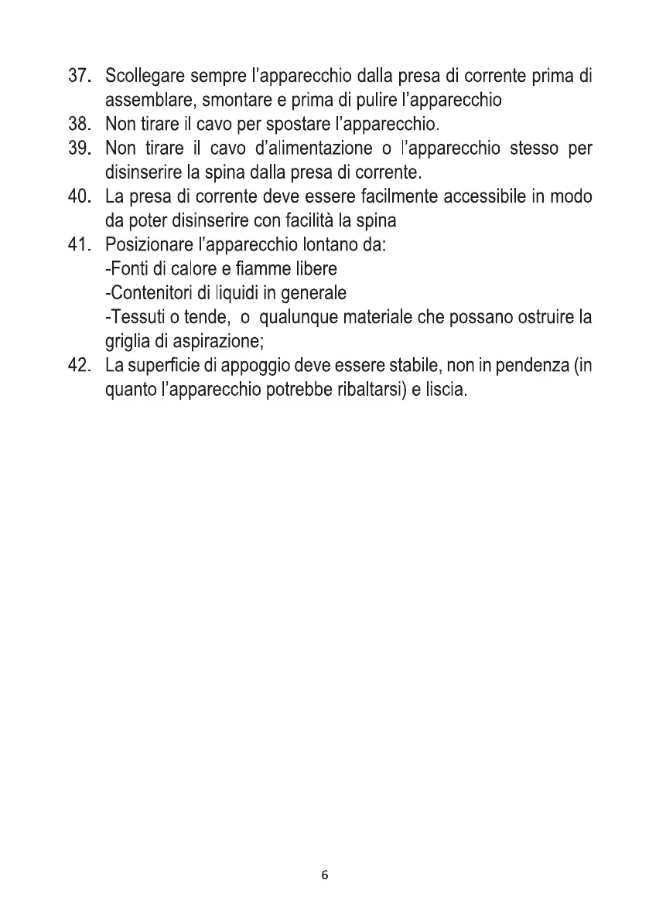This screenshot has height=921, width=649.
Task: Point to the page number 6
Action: click(x=324, y=875)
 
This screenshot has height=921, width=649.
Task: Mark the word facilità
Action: click(x=340, y=220)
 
